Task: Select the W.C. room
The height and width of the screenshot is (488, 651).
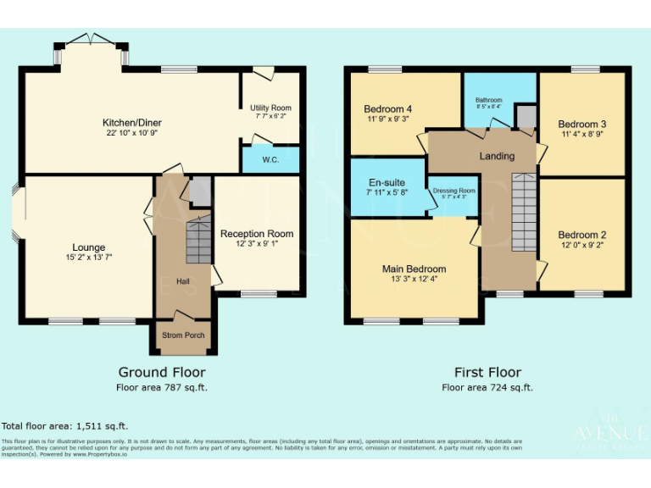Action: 271,159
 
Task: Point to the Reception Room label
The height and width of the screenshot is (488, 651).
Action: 257,234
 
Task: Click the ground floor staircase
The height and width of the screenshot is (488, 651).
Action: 198,239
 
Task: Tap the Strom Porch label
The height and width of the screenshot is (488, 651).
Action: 182,335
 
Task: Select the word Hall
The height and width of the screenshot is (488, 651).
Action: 183,281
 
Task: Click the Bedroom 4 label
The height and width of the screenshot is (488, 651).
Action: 387,109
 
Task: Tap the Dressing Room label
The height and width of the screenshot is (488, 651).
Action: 454,191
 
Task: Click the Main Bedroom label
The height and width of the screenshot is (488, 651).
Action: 414,269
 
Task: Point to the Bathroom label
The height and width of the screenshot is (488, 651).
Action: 488,100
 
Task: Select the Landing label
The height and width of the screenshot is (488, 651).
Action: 497,157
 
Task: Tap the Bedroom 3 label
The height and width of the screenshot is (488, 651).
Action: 581,124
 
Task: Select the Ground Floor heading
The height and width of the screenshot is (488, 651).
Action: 161,372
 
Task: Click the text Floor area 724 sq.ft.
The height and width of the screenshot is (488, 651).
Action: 487,387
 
